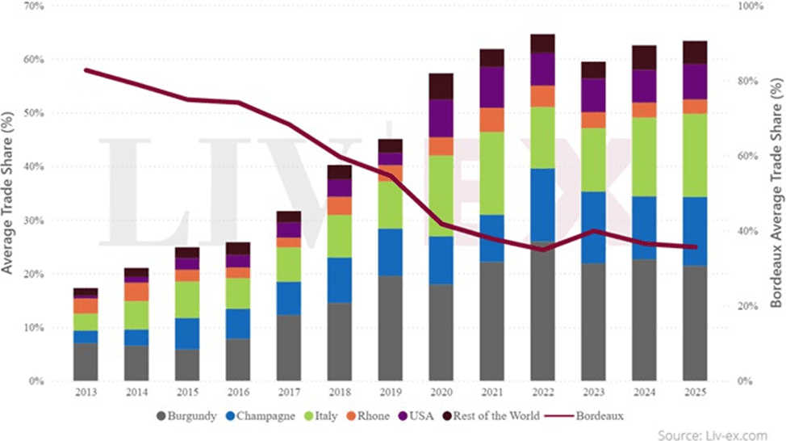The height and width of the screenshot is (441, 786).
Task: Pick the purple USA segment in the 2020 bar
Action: (441, 118)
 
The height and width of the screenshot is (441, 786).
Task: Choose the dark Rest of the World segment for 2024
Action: (644, 57)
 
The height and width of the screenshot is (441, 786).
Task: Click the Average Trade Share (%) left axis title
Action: (10, 194)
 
